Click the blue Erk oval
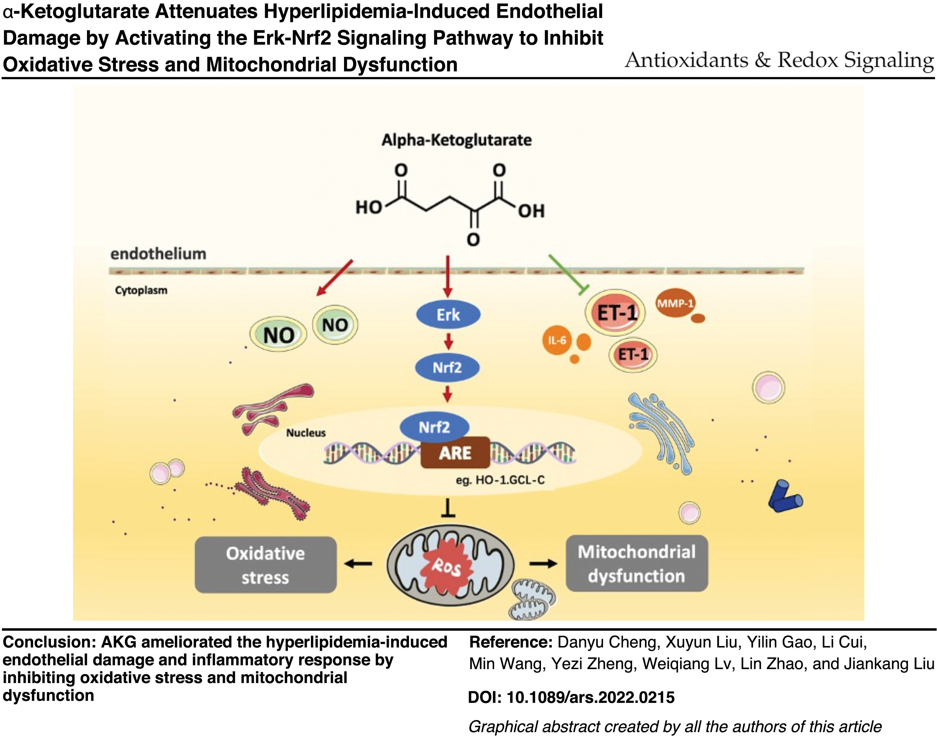coord(448,314)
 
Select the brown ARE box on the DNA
coord(455,453)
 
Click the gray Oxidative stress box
coord(266,565)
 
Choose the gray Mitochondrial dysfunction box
coord(636,563)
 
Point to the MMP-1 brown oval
coord(675,303)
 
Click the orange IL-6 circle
coord(557,340)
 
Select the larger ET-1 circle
coord(615,312)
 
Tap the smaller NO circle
coord(335,324)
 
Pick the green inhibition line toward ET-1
coord(568,274)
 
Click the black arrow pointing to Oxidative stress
coord(358,563)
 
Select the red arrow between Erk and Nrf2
coord(448,341)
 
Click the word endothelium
coord(158,254)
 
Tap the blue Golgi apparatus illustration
coord(661,433)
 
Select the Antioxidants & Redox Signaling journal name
coord(779,60)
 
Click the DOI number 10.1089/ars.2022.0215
coord(590,697)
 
